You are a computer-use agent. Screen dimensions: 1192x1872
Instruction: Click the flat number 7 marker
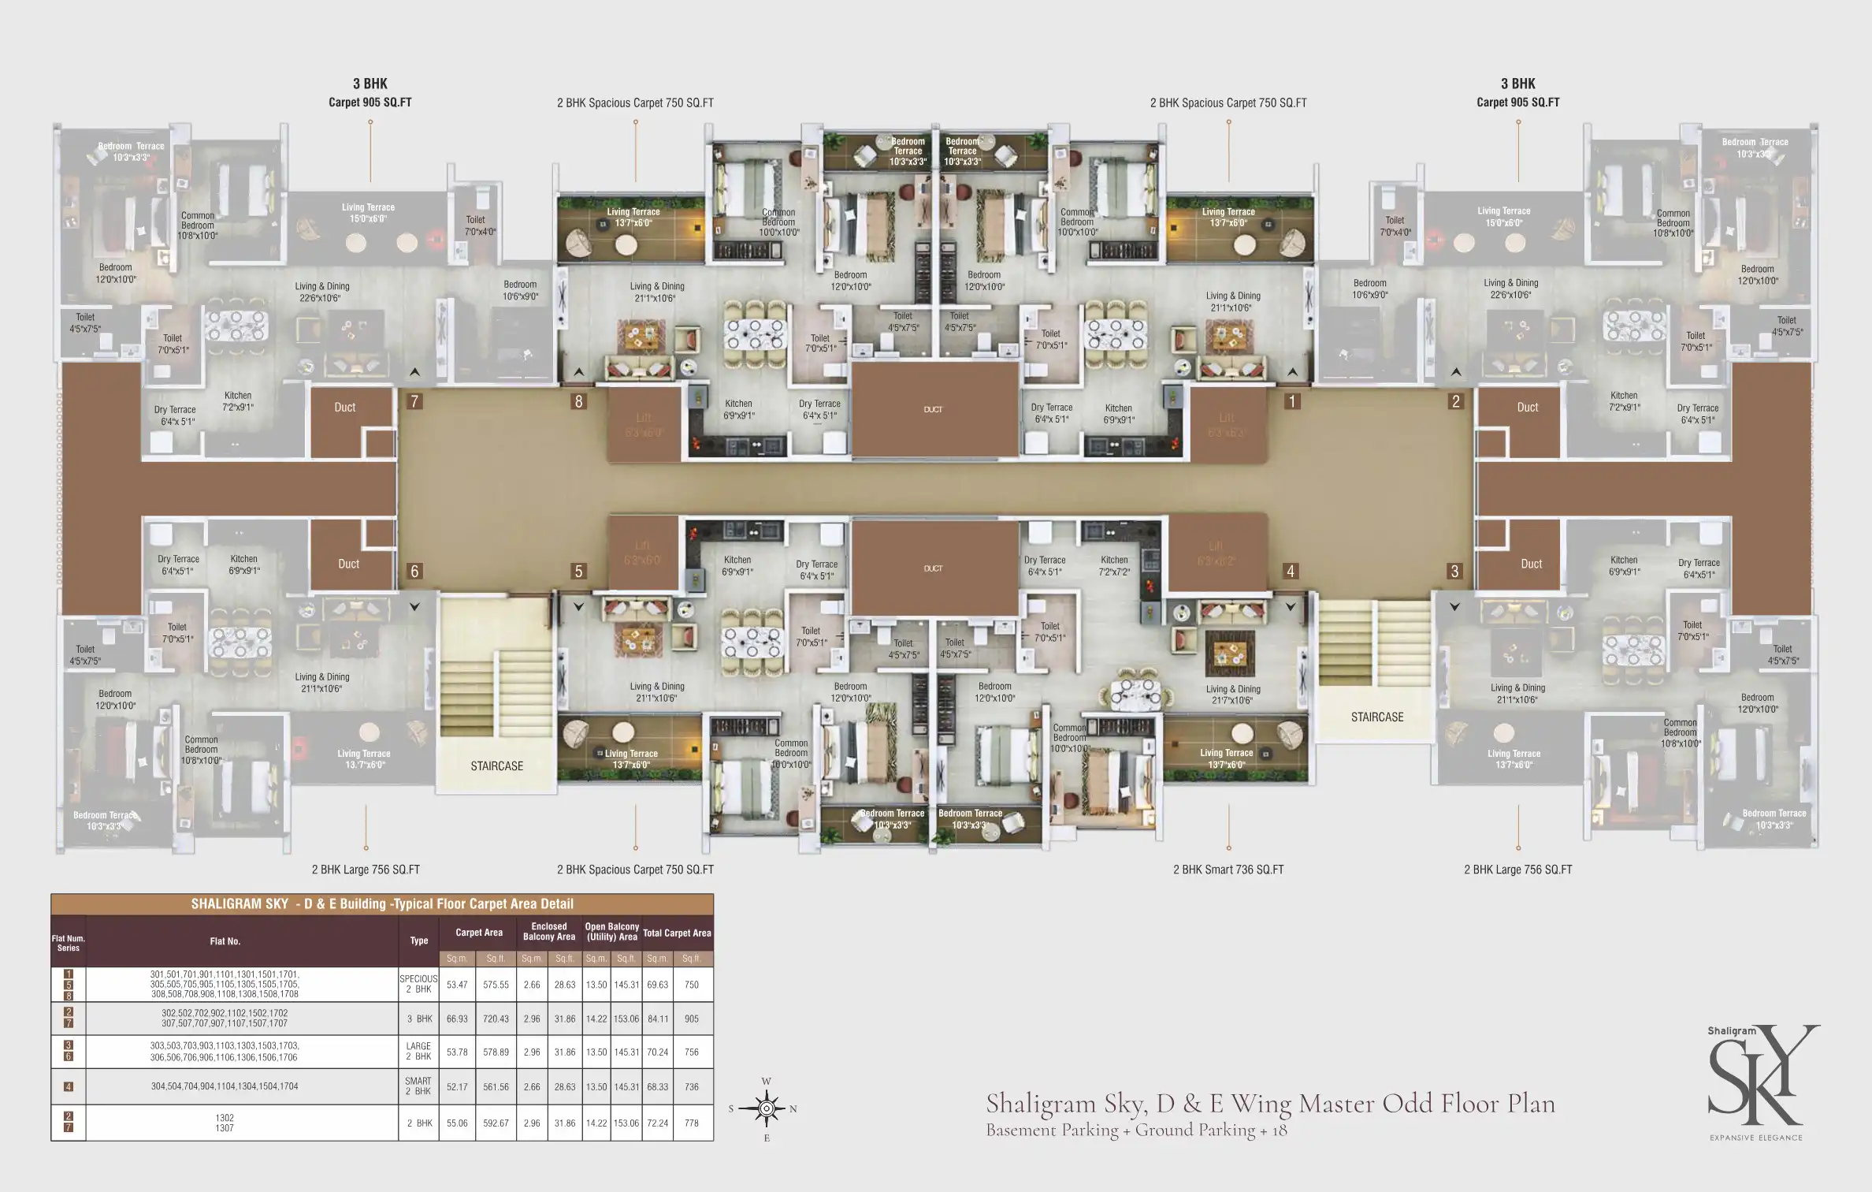[x=414, y=401]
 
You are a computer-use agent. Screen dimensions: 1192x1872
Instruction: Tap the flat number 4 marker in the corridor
[x=1291, y=571]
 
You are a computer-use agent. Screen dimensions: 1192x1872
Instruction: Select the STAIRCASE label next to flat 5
[x=496, y=765]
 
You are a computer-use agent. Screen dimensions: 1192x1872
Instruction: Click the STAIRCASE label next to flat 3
[x=1377, y=717]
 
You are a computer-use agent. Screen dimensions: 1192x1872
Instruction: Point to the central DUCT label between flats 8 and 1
[x=933, y=410]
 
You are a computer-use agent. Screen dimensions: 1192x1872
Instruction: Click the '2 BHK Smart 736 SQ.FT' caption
[x=1228, y=870]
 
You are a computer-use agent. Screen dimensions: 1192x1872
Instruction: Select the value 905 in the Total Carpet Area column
[x=691, y=1019]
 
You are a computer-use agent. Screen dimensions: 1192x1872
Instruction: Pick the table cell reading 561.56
[x=496, y=1086]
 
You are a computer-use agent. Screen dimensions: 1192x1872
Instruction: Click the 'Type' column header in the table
[x=419, y=941]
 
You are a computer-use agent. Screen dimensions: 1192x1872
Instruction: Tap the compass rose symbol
[x=767, y=1108]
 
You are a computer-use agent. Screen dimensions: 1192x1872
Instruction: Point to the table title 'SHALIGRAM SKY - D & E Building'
[x=382, y=904]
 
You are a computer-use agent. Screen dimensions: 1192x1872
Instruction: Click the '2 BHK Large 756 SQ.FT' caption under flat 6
[x=366, y=870]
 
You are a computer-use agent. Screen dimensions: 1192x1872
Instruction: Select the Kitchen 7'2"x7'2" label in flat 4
[x=1114, y=565]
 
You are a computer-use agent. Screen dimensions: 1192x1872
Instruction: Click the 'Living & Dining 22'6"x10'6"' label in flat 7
[x=322, y=292]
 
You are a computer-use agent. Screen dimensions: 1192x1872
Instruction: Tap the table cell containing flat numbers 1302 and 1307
[x=225, y=1123]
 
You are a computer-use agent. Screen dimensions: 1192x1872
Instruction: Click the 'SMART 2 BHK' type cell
[x=418, y=1086]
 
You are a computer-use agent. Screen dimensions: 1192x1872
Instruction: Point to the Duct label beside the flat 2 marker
[x=1527, y=408]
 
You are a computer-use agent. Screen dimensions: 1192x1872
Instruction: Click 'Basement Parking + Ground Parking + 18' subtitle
[x=1136, y=1131]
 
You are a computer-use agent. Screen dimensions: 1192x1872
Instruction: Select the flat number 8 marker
[x=578, y=401]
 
